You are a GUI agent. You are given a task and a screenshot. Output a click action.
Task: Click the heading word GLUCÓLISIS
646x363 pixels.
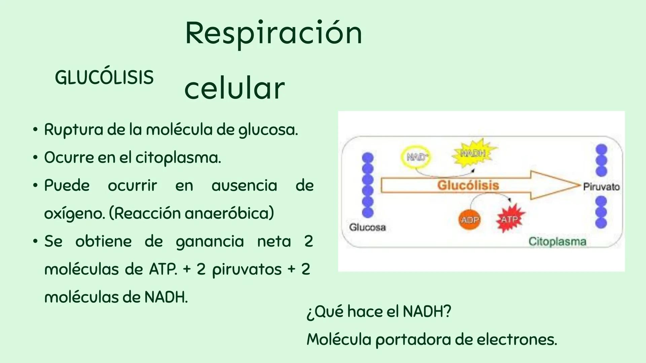point(104,78)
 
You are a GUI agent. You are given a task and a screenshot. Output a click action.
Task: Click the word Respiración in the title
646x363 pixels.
point(273,34)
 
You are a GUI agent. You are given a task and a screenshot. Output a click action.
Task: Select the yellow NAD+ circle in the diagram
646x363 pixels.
point(417,157)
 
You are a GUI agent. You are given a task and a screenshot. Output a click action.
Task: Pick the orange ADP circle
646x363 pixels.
point(470,220)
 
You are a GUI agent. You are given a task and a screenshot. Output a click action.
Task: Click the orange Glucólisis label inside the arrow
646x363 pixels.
point(468,185)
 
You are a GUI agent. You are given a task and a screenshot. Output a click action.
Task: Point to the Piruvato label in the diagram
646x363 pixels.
point(601,187)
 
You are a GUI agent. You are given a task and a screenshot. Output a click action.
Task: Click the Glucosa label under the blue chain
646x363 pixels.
point(367,228)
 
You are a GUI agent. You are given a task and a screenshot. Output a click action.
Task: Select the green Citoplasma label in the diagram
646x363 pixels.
point(557,241)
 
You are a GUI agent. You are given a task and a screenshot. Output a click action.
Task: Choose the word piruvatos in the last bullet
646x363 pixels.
point(247,270)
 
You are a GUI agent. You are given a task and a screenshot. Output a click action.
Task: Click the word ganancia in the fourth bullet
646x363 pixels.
point(210,242)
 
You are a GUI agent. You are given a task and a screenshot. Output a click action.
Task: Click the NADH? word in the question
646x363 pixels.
point(427,312)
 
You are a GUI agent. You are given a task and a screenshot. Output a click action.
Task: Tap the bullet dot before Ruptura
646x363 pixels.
point(35,130)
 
